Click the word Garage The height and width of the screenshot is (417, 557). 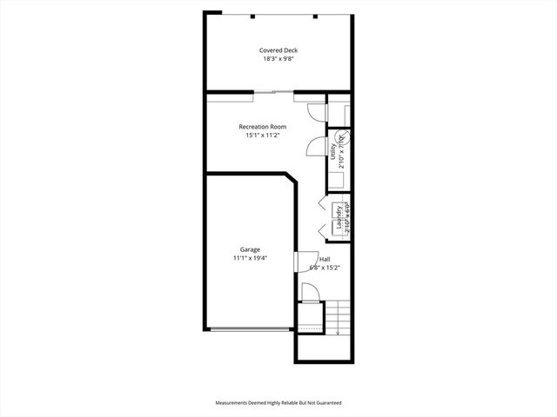pyautogui.click(x=250, y=249)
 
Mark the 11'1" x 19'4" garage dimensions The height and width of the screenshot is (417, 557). pyautogui.click(x=250, y=258)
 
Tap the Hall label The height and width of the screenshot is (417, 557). pyautogui.click(x=325, y=259)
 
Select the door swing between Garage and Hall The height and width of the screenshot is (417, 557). pyautogui.click(x=305, y=261)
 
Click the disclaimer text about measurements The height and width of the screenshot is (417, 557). pyautogui.click(x=278, y=403)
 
